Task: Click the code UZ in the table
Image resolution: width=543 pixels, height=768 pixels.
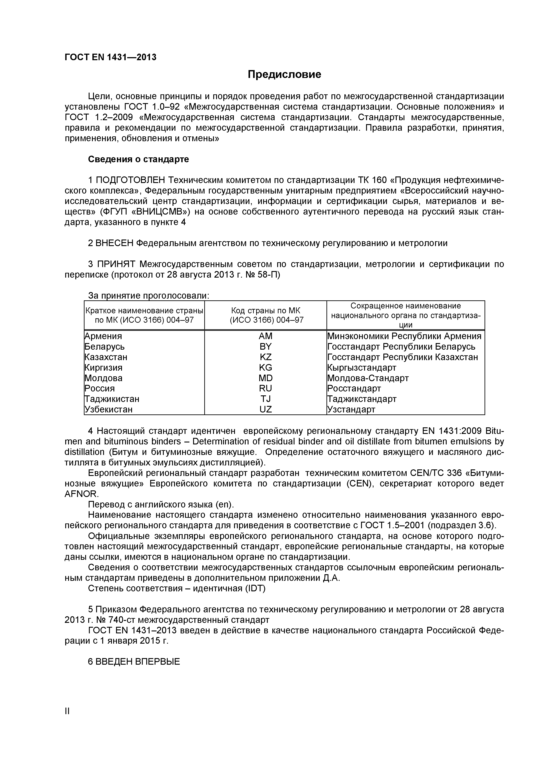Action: (265, 409)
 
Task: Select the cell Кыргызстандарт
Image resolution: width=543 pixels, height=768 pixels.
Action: (362, 367)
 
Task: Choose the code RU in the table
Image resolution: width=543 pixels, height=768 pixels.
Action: (265, 388)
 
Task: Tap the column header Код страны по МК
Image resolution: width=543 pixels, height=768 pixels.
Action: (266, 311)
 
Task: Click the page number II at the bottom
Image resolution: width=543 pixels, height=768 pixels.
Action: (67, 720)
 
